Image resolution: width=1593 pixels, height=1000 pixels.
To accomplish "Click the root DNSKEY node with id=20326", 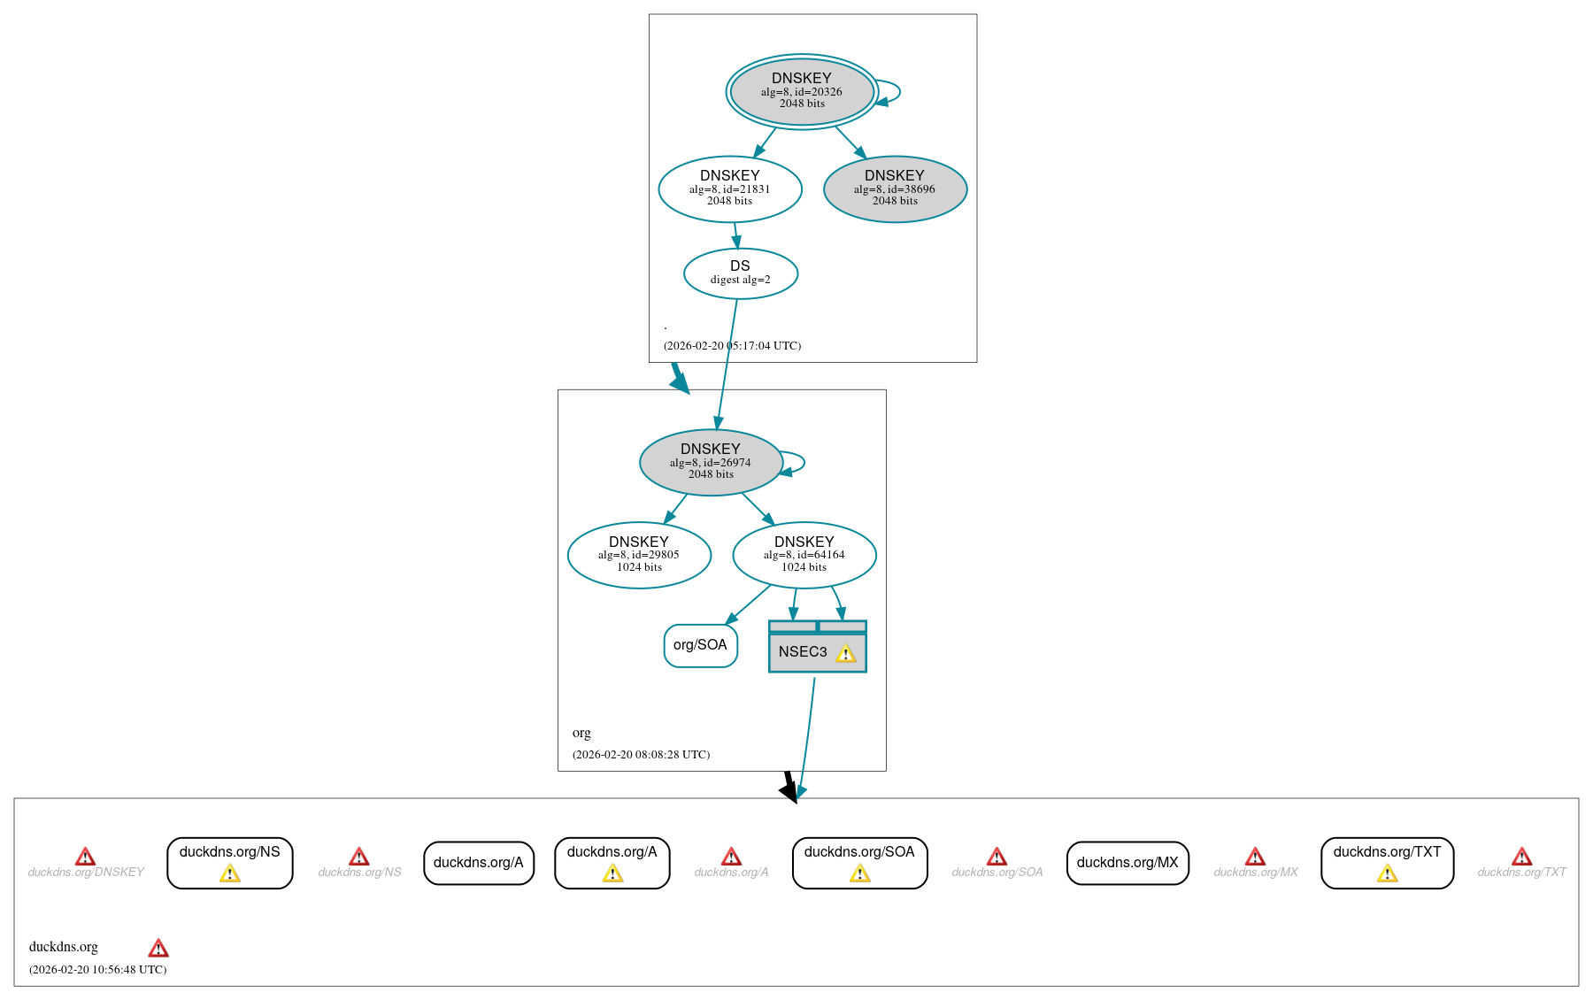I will click(x=802, y=91).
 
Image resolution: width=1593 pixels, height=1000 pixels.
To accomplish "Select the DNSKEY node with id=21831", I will click(x=730, y=188).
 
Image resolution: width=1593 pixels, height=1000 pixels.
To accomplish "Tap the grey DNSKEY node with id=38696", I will click(x=895, y=188).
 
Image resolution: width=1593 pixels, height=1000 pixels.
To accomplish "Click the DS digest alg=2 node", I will click(x=741, y=273).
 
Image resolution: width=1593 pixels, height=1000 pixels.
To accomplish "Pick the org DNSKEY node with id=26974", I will click(x=711, y=462).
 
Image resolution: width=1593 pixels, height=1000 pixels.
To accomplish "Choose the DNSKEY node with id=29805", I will click(x=639, y=555).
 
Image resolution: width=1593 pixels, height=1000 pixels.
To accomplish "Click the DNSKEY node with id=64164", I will click(x=804, y=555).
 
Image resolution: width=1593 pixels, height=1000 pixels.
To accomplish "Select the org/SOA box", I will click(x=700, y=645).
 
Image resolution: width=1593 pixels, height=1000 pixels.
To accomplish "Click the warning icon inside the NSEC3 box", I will click(x=846, y=654).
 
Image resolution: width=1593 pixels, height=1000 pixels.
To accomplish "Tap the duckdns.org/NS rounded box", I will click(x=230, y=862).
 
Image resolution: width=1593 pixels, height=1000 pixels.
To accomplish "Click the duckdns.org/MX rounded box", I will click(x=1127, y=863).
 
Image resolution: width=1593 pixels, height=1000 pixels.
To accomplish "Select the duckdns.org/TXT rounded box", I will click(x=1387, y=862).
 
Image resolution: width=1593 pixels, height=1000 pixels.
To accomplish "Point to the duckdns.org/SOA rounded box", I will click(x=859, y=862).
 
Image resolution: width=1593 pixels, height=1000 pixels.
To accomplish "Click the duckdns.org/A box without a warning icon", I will click(x=479, y=863).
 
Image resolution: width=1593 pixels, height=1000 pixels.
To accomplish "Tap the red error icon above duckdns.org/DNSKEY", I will click(x=85, y=857).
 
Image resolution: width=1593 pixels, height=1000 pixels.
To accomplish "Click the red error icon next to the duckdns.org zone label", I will click(x=158, y=949).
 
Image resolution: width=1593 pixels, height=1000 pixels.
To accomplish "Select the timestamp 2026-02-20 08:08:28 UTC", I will click(x=641, y=755).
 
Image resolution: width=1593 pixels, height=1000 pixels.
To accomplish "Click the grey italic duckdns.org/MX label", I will click(x=1255, y=873).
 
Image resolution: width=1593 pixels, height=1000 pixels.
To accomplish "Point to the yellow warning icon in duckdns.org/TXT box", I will click(x=1387, y=874).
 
